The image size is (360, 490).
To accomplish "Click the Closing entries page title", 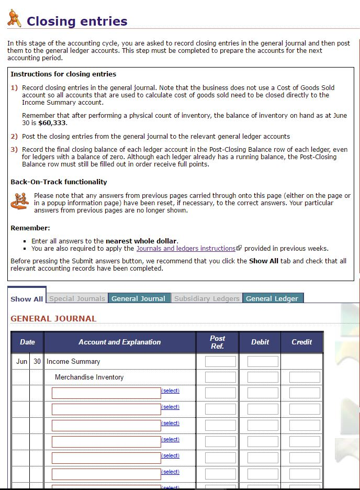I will (x=77, y=21).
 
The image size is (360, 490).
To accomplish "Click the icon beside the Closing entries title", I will (x=14, y=19).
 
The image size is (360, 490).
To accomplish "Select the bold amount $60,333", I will (x=53, y=123).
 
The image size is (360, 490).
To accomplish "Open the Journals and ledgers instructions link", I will (x=186, y=249).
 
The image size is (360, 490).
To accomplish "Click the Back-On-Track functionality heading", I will (x=59, y=182).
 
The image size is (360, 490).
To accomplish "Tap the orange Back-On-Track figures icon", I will (x=20, y=202).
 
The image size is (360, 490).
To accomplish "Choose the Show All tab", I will (x=27, y=298).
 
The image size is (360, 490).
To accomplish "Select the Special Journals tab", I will (x=77, y=298).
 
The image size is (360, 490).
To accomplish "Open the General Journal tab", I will (x=138, y=298).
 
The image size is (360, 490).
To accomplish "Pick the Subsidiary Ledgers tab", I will (x=207, y=298).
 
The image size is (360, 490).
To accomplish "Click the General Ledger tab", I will (x=272, y=298).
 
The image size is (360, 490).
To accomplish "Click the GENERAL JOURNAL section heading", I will (x=53, y=318).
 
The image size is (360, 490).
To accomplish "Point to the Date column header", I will (x=27, y=342).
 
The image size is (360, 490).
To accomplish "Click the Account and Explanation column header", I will (x=119, y=342).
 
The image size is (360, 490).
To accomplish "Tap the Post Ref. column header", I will (x=217, y=342).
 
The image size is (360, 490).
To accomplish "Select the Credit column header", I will (x=301, y=342).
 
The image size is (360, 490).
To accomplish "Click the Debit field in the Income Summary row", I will (x=262, y=361).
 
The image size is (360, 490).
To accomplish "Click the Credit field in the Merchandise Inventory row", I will (x=304, y=377).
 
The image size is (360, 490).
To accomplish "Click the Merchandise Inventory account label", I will (x=89, y=377).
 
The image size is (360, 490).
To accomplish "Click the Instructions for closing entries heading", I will (x=63, y=74).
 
